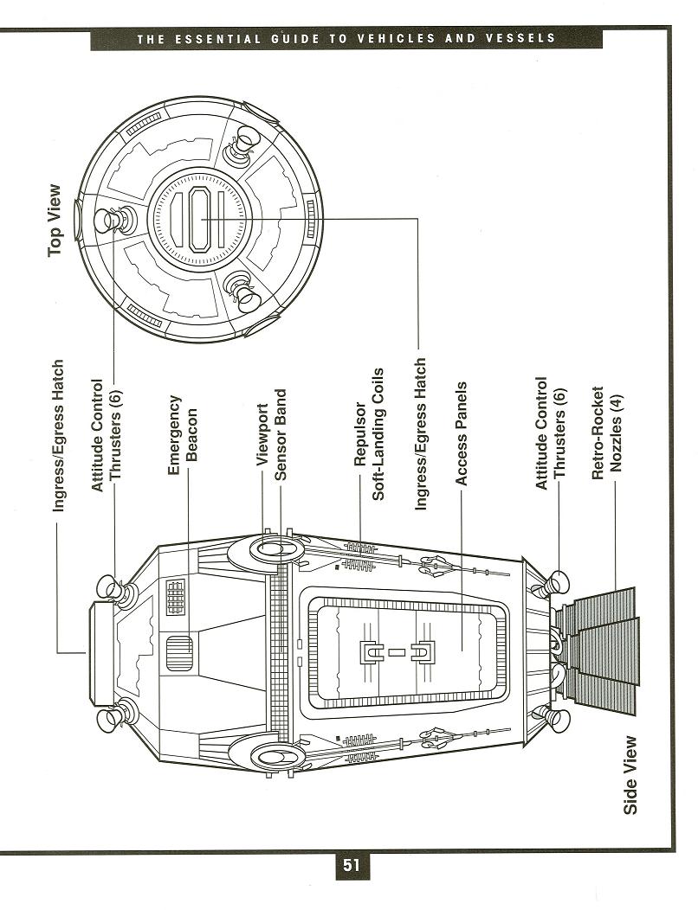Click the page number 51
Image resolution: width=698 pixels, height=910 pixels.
(351, 865)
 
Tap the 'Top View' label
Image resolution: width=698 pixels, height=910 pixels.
(55, 221)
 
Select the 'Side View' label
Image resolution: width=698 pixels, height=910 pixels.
(630, 776)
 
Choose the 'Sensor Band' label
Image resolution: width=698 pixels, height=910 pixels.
(281, 434)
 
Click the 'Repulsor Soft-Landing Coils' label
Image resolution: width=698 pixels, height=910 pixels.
(369, 433)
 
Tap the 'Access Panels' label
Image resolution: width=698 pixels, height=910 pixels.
(461, 433)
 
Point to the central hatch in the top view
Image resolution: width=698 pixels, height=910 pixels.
(201, 220)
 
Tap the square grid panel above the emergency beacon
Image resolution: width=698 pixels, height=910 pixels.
(176, 597)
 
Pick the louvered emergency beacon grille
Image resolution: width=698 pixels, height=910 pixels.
(179, 653)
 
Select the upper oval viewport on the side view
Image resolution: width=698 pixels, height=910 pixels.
(269, 548)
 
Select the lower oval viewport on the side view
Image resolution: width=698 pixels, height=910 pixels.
(269, 757)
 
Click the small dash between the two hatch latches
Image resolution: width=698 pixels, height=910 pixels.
(397, 653)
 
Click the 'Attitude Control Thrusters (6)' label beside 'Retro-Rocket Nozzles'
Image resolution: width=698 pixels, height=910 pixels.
(551, 433)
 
